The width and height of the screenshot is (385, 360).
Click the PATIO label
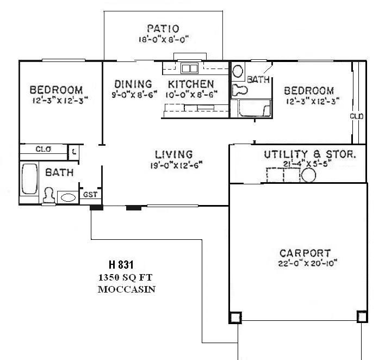point(163,28)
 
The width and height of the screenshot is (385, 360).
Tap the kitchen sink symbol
point(189,69)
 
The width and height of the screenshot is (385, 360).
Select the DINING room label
point(133,84)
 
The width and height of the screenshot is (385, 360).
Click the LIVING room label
point(173,154)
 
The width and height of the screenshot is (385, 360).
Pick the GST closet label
point(89,195)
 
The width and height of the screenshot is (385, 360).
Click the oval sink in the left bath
point(68,197)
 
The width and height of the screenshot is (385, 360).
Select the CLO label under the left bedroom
point(43,149)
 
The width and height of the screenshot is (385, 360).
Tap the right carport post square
point(362,316)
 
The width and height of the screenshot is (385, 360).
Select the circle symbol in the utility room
point(309,175)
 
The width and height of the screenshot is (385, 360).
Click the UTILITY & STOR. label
point(310,154)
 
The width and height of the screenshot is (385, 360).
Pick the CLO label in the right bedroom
point(357,116)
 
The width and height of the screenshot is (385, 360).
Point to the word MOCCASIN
point(126,289)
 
